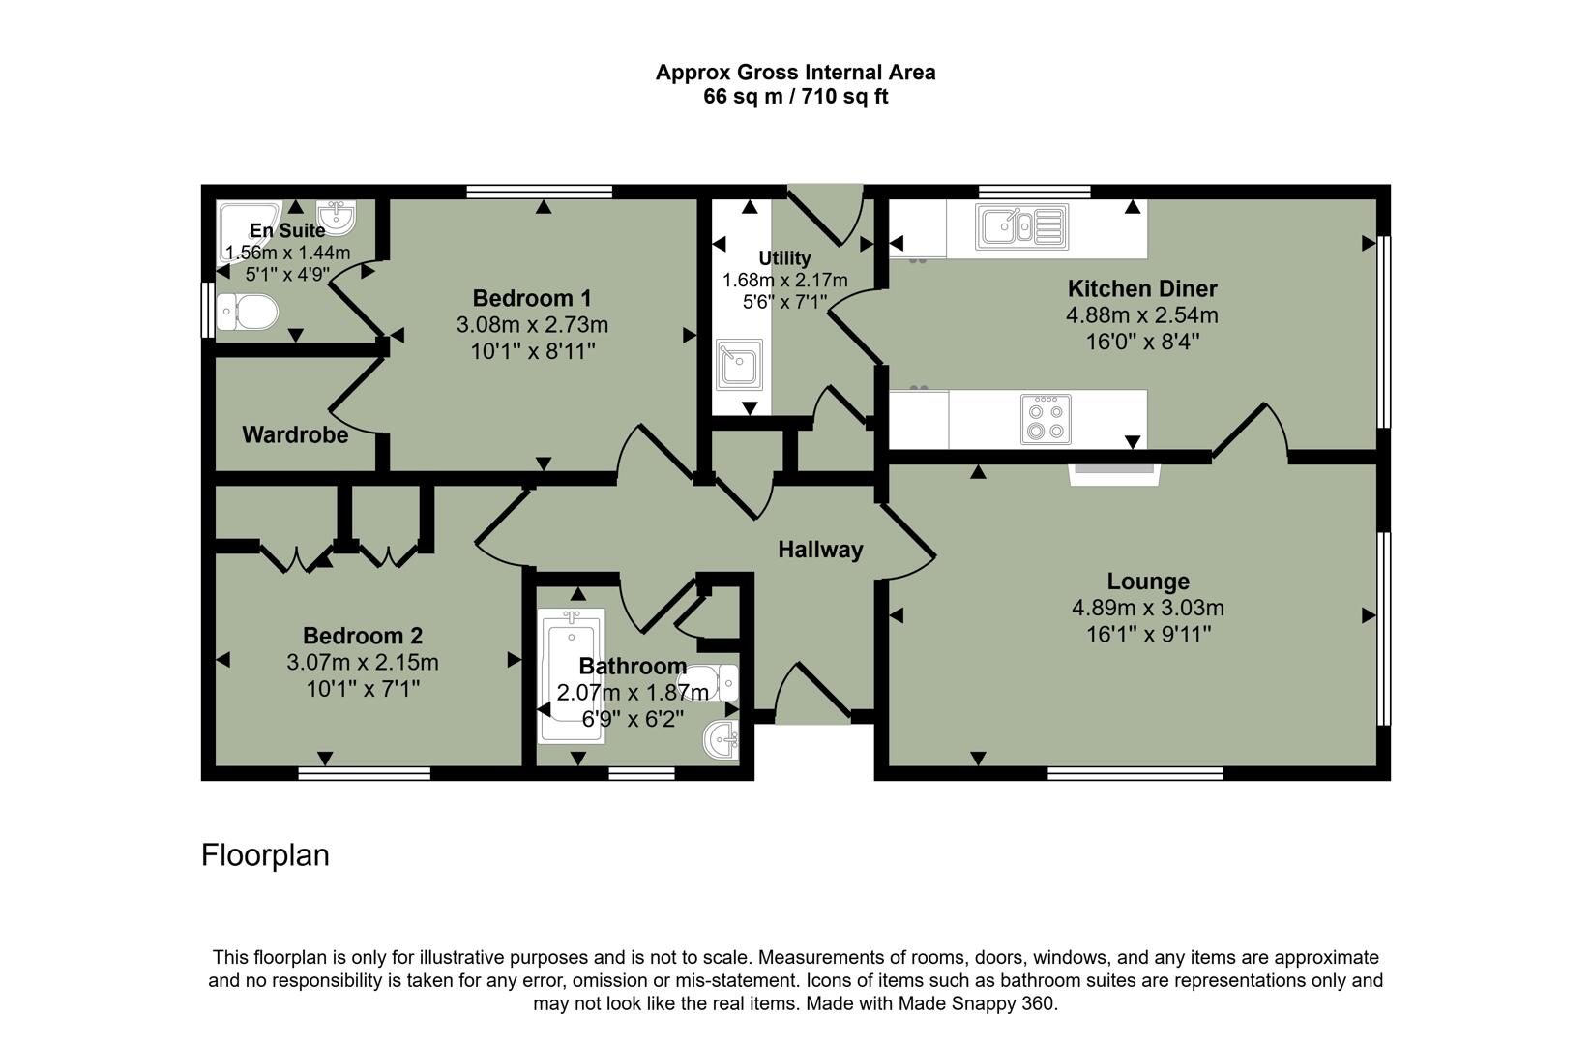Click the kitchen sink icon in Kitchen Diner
click(1022, 226)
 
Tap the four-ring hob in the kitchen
click(1046, 419)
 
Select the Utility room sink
click(739, 365)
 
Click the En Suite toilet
click(248, 313)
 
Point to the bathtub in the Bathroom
click(571, 677)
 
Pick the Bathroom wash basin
click(722, 741)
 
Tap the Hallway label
click(820, 550)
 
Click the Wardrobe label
click(295, 435)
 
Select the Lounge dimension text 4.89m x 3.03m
click(1147, 609)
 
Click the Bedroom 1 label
click(532, 298)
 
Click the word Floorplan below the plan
click(265, 855)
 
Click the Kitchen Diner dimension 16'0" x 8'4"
click(1142, 342)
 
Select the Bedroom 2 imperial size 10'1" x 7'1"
click(363, 689)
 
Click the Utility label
click(784, 258)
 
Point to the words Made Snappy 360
click(976, 1003)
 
